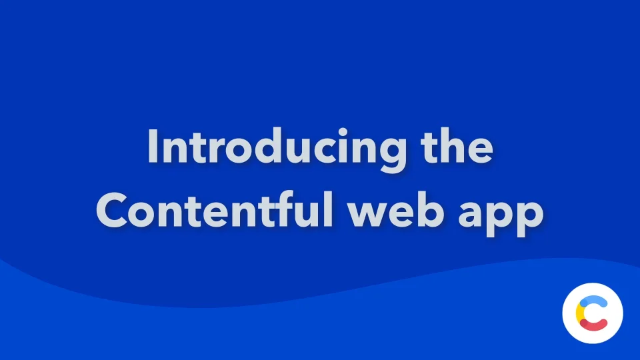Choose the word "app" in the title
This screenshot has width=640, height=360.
point(509,215)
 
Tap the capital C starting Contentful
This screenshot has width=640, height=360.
point(113,211)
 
